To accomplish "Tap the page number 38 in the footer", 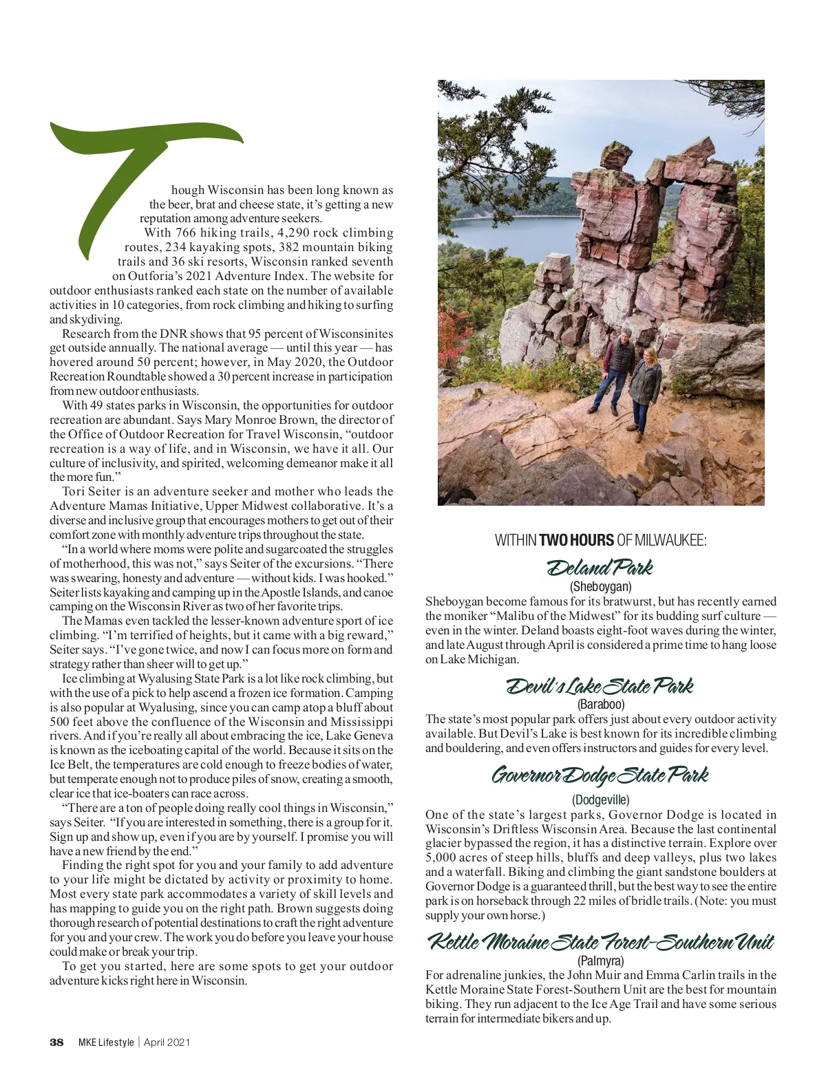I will pos(56,1042).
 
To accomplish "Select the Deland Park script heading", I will pos(600,568).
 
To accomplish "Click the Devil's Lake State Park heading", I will pos(600,686).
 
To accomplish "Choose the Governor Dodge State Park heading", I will pos(600,775).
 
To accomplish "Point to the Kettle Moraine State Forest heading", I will pos(600,941).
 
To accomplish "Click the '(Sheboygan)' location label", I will pos(600,587).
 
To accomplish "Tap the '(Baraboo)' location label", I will pos(600,705).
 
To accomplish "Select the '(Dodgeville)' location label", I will pos(600,800).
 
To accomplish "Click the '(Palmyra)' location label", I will pos(600,961).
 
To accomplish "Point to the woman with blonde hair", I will pos(645,382).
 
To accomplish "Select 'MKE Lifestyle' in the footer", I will pos(105,1042).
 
